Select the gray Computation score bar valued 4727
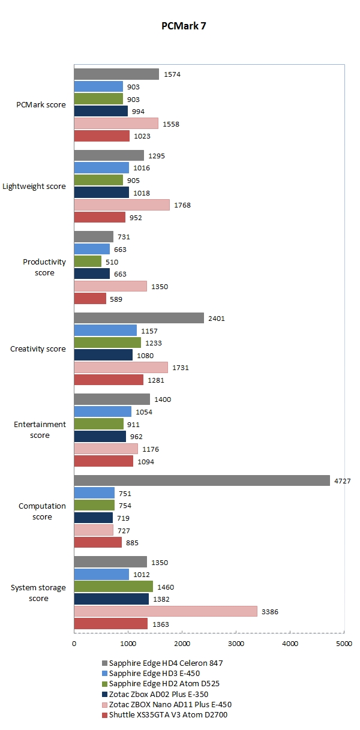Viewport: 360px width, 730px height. click(202, 480)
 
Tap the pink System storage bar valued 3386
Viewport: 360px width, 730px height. click(165, 611)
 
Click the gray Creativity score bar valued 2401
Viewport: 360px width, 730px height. click(139, 318)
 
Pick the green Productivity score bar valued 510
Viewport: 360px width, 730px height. click(88, 261)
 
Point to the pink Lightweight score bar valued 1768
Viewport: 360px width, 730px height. click(122, 205)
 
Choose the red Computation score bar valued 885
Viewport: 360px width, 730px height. click(98, 542)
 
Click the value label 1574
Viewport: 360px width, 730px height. click(172, 74)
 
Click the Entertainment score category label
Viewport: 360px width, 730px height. click(40, 429)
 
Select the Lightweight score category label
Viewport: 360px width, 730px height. click(34, 187)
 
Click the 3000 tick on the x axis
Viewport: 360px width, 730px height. click(236, 644)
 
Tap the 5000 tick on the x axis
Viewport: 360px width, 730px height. click(344, 644)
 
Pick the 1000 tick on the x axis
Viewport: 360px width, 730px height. click(128, 644)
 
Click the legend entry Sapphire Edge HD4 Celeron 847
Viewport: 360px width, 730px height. click(161, 663)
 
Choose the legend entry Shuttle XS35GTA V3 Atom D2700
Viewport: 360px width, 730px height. click(164, 714)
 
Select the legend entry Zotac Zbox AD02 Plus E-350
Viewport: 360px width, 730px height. click(157, 693)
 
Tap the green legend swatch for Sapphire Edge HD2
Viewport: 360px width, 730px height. click(104, 683)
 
